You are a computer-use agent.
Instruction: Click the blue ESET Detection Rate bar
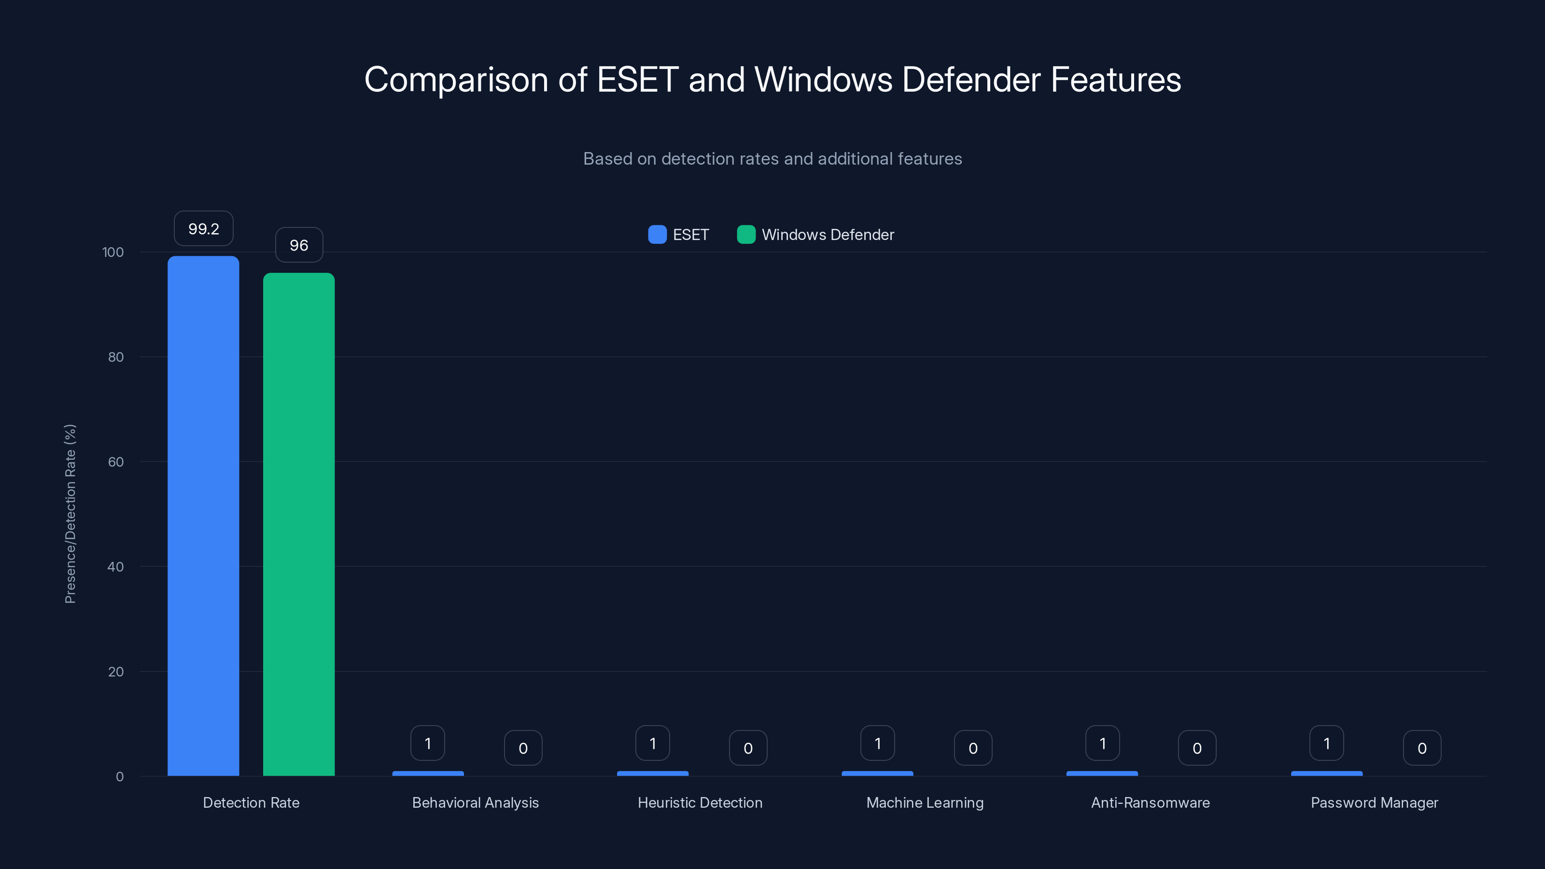(x=203, y=516)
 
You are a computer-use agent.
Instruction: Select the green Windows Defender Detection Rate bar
(x=299, y=524)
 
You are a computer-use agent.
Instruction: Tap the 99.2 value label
(x=203, y=228)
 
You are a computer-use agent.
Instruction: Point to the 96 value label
(x=299, y=245)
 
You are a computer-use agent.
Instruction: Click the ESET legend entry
(x=679, y=235)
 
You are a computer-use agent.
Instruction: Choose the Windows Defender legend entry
(x=815, y=235)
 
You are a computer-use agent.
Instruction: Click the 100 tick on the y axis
(x=113, y=252)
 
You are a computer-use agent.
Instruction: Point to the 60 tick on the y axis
(x=115, y=462)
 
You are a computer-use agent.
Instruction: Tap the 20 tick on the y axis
(x=115, y=672)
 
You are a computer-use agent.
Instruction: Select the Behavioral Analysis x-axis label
(x=475, y=802)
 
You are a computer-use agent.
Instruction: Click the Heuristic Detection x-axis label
(x=700, y=802)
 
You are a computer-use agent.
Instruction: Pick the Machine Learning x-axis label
(x=925, y=802)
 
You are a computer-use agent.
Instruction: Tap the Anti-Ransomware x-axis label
(x=1150, y=802)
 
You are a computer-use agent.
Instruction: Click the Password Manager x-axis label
(x=1374, y=802)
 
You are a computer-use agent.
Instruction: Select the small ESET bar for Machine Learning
(x=877, y=773)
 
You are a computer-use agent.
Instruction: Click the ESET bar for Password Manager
(x=1327, y=773)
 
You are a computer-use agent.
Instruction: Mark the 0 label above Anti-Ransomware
(x=1197, y=748)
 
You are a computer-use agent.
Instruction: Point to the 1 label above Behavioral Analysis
(x=428, y=743)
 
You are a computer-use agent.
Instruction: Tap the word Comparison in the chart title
(x=456, y=79)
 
